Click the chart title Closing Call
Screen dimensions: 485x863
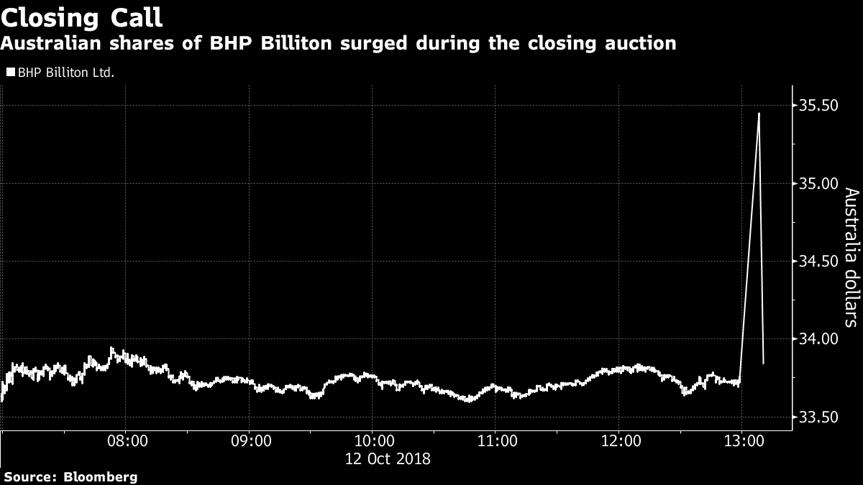click(81, 17)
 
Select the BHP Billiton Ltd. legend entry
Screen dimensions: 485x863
click(65, 73)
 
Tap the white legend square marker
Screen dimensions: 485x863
click(11, 73)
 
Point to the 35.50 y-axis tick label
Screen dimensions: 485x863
click(819, 106)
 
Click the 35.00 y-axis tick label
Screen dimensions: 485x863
click(819, 183)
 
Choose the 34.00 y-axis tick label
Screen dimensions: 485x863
click(819, 338)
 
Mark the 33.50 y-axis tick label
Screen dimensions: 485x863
click(819, 416)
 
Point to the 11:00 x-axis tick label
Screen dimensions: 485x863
click(496, 440)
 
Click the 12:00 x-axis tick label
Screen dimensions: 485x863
click(620, 440)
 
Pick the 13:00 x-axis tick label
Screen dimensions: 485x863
click(742, 440)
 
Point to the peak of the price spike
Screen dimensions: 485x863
click(759, 114)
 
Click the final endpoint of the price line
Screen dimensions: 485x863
click(763, 364)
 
